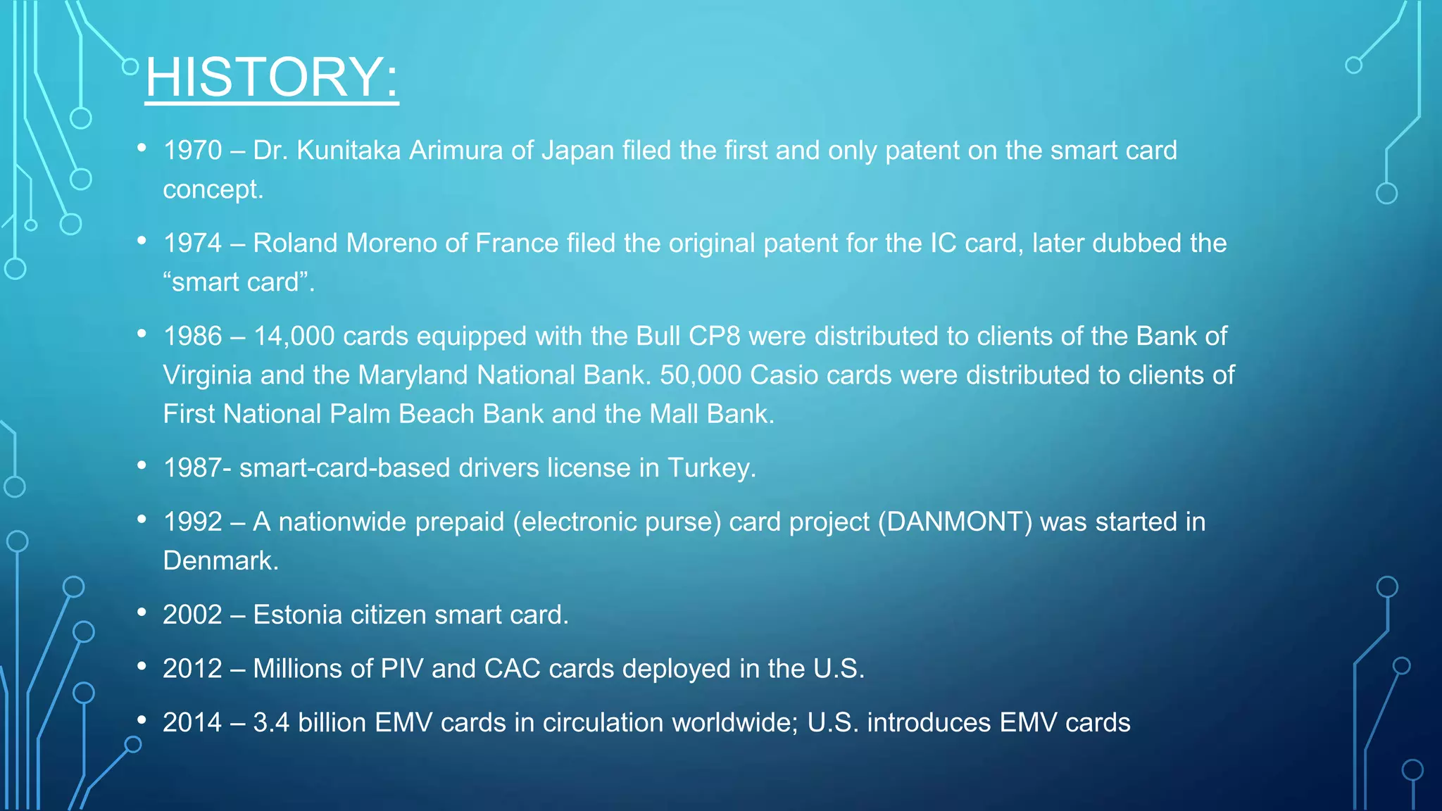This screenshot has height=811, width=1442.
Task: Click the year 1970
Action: coord(192,151)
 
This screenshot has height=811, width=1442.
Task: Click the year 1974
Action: coord(192,244)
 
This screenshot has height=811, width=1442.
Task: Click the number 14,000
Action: coord(294,337)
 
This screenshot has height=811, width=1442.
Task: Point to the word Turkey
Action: coord(710,468)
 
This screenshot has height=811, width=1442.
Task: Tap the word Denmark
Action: coord(220,561)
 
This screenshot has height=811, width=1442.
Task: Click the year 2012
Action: coord(192,669)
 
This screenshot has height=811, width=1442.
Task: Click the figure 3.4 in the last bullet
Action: coord(271,723)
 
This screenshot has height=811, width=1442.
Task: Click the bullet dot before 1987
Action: coord(142,465)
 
